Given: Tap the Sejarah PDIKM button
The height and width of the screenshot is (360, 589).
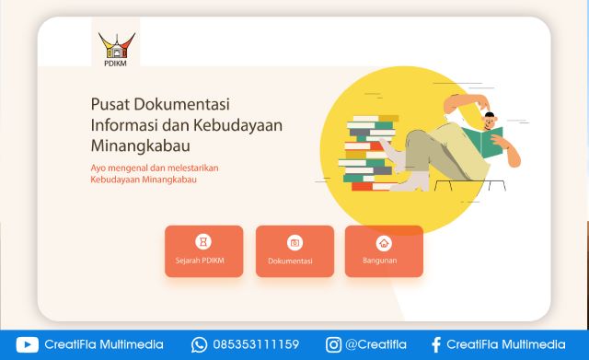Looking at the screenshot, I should pyautogui.click(x=203, y=251).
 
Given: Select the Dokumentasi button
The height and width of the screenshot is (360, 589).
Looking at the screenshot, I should pyautogui.click(x=294, y=251).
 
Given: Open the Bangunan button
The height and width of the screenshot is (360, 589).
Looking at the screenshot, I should pyautogui.click(x=384, y=251).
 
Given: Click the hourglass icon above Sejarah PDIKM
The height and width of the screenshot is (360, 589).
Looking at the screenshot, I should pyautogui.click(x=203, y=242).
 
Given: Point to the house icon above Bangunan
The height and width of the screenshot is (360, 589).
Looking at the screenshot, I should pyautogui.click(x=384, y=243).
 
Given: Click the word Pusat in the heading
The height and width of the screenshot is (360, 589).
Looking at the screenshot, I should pyautogui.click(x=110, y=103).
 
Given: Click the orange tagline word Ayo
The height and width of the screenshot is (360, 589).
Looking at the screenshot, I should pyautogui.click(x=98, y=168).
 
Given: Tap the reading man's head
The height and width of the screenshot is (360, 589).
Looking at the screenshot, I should pyautogui.click(x=491, y=119).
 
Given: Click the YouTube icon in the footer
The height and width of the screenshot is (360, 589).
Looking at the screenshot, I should pyautogui.click(x=27, y=344).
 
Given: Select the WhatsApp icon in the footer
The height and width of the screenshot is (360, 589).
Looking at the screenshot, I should pyautogui.click(x=199, y=344).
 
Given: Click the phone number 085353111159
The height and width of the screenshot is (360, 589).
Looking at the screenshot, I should pyautogui.click(x=256, y=344).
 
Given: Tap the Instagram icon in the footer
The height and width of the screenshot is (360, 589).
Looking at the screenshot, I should pyautogui.click(x=333, y=344).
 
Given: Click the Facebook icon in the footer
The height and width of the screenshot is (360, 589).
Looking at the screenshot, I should pyautogui.click(x=435, y=344).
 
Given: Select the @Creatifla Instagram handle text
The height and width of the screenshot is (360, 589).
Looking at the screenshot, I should pyautogui.click(x=375, y=344).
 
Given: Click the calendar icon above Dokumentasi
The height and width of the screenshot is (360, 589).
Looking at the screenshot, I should pyautogui.click(x=294, y=243).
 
